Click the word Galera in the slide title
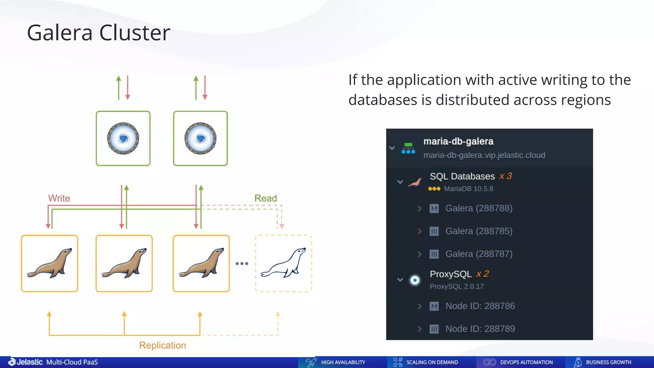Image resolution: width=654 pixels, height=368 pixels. coord(60,33)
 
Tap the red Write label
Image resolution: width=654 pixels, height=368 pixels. coord(59,198)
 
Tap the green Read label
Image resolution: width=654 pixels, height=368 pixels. coord(265,198)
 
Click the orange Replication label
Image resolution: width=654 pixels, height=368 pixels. coord(162,345)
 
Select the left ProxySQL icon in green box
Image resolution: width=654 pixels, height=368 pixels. coord(123,138)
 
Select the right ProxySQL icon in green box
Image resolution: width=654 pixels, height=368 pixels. coord(201,138)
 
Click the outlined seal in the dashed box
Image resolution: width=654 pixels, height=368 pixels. coord(284,263)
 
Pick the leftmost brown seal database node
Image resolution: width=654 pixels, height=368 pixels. coord(49,263)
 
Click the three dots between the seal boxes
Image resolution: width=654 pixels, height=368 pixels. coord(242,264)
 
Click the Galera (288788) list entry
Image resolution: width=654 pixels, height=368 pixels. coord(479,208)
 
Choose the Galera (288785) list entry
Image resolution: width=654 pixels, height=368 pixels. coord(479,231)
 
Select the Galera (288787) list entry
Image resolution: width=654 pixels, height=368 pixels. coord(479,254)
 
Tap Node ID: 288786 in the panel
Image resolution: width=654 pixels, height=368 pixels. coord(480,306)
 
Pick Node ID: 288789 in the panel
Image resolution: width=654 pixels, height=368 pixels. coord(480,329)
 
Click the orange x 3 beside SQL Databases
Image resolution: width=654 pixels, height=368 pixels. coord(506,176)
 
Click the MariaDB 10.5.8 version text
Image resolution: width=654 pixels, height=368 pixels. coord(468,189)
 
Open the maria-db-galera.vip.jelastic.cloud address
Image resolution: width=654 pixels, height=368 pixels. coord(484,155)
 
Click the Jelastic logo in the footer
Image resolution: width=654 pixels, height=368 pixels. coord(26,362)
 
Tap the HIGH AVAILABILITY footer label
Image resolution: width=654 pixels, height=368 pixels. coord(343,362)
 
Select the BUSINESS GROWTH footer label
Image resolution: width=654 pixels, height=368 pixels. coord(608,362)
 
